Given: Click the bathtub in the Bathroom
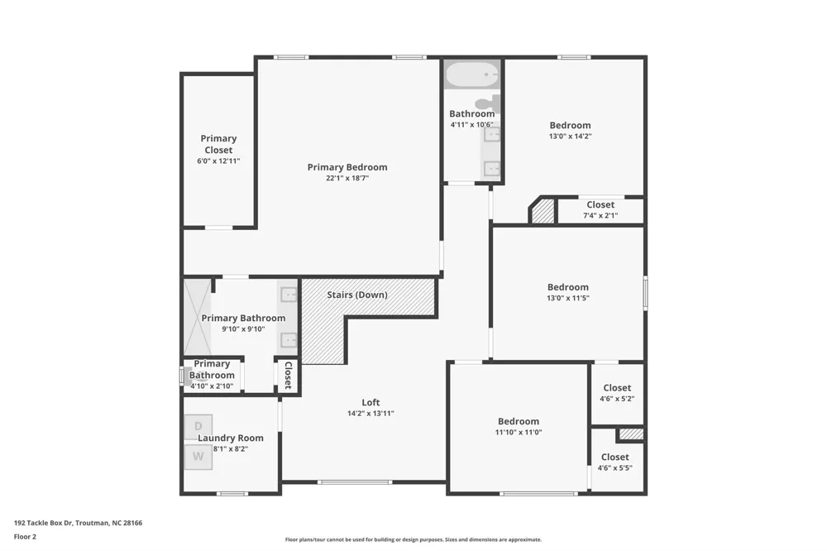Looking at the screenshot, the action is click(472, 75).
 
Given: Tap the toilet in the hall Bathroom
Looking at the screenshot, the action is click(488, 102).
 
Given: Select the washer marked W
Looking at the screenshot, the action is click(198, 457).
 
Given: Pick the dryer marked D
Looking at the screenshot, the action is click(198, 426).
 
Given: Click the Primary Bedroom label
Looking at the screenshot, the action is click(347, 167).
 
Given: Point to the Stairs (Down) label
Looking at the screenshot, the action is click(357, 295).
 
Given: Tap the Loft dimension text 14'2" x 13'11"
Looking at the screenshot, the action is click(370, 414).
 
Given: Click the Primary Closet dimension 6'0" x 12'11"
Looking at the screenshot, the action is click(218, 161).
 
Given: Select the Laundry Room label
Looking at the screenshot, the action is click(231, 438).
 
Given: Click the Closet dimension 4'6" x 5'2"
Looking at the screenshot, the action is click(617, 399).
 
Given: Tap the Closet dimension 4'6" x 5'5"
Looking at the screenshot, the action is click(615, 468).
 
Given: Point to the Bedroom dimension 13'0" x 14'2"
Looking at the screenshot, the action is click(570, 137).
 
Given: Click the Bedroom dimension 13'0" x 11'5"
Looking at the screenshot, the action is click(568, 298).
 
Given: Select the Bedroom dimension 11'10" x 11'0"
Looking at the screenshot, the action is click(519, 432).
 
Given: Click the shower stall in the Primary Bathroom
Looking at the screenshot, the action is click(198, 317).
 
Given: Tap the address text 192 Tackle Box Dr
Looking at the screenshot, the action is click(44, 523).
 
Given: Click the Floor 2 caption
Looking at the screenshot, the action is click(25, 537).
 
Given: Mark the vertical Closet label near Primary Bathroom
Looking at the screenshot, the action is click(289, 376).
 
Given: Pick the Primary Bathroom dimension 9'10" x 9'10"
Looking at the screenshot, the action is click(243, 329).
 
